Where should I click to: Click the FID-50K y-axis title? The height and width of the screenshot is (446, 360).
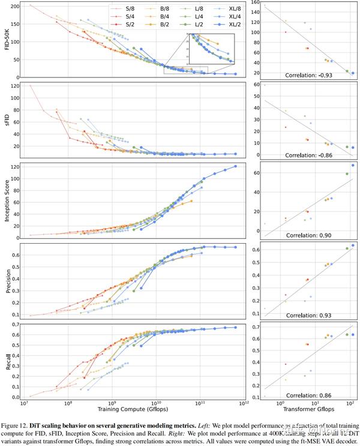[x=7, y=41]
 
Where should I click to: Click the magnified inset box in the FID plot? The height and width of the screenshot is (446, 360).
[x=208, y=47]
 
